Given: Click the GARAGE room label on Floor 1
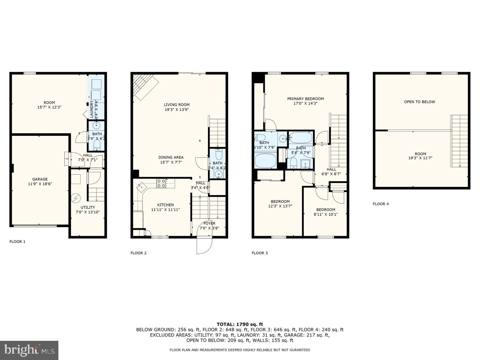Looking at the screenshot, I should click(40, 179).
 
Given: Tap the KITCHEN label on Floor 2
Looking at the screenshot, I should click(165, 205).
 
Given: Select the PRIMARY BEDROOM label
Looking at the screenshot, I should click(305, 99).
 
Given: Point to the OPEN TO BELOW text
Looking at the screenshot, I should click(419, 102).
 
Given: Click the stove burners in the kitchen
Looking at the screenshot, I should click(161, 183).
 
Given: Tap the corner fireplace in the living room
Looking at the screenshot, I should click(145, 86).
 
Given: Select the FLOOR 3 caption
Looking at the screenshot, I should click(259, 253).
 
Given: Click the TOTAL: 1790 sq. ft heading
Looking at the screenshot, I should click(240, 324).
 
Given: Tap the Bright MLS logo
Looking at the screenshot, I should click(29, 350).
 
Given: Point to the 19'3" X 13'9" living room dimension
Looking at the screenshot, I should click(177, 109).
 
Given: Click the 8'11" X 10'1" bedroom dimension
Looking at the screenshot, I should click(326, 214).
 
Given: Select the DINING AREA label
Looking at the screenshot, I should click(171, 157).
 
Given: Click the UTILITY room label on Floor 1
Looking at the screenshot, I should click(88, 207).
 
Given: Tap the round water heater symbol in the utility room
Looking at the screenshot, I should click(77, 198).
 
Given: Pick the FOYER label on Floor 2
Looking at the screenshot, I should click(209, 223).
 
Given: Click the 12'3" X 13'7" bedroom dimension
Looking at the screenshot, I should click(280, 206).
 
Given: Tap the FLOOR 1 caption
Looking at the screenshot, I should click(17, 242).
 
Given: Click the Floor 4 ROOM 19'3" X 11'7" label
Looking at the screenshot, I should click(420, 156).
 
